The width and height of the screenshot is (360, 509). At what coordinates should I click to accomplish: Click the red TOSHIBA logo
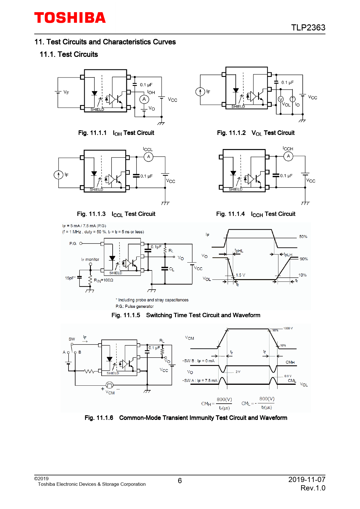[70, 18]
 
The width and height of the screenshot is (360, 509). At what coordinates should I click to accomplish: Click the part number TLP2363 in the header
[308, 28]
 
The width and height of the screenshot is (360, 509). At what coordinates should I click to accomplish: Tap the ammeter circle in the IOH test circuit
[144, 99]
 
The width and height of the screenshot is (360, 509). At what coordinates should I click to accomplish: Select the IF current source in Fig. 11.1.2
[200, 92]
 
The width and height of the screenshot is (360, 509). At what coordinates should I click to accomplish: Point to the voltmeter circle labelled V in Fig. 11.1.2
[281, 99]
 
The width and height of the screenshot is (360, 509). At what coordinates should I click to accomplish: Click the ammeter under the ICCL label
[148, 157]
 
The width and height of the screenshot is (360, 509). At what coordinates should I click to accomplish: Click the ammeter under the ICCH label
[288, 156]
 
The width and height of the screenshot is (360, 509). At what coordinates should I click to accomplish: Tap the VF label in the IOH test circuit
[66, 92]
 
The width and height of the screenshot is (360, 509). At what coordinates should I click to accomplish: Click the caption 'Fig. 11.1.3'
[91, 214]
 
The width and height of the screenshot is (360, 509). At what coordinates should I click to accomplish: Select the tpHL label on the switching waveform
[239, 251]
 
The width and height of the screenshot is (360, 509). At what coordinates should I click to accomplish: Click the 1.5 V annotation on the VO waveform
[240, 275]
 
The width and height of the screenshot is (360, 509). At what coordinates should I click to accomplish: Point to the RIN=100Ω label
[103, 280]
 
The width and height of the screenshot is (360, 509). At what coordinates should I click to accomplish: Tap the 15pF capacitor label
[70, 278]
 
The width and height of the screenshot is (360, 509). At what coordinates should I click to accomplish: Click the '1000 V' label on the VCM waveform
[288, 328]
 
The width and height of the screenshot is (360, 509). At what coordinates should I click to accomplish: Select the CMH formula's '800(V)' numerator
[224, 399]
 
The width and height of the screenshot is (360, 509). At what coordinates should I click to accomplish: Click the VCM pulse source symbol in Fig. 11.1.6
[109, 385]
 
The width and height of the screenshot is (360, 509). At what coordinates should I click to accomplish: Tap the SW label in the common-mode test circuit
[72, 339]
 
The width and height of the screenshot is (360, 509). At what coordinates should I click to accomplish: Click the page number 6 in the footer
[180, 481]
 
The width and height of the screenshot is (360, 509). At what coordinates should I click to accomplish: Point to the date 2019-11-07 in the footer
[307, 479]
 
